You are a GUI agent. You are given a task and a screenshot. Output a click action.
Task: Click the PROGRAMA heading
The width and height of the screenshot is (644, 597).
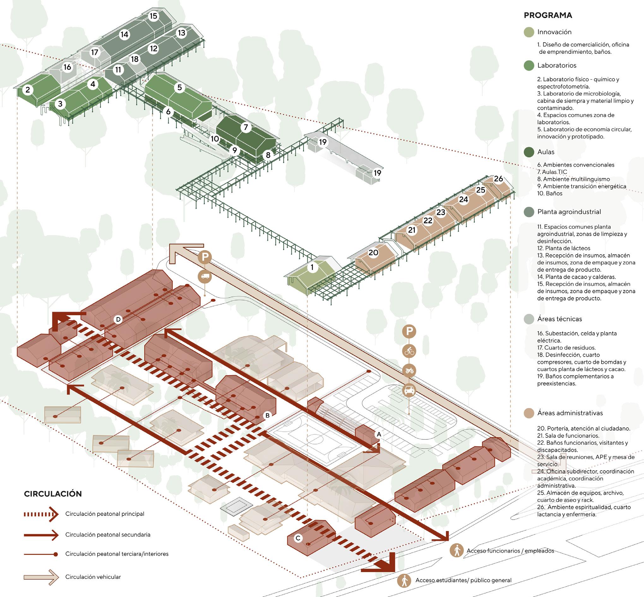(x=548, y=15)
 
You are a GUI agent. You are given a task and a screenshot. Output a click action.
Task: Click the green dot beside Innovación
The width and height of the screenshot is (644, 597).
(x=529, y=32)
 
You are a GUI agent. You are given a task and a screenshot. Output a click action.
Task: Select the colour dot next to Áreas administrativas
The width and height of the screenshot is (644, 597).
(x=529, y=413)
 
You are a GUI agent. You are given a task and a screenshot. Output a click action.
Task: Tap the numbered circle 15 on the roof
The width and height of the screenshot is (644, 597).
(x=153, y=16)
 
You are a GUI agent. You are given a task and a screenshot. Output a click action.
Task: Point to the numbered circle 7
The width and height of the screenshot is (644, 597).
(x=246, y=127)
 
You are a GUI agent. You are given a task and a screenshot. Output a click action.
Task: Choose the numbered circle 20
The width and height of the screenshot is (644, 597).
(x=373, y=253)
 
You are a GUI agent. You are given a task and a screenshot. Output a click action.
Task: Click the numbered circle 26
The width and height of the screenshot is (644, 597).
(x=498, y=179)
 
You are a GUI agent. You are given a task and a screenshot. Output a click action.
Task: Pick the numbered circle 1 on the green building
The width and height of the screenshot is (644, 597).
(x=312, y=267)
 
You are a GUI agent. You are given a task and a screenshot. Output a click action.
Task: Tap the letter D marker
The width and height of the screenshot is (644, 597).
(x=118, y=319)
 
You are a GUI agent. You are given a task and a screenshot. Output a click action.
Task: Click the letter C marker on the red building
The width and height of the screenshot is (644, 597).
(x=298, y=538)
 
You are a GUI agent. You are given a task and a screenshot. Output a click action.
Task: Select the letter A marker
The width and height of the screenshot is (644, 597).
(x=379, y=435)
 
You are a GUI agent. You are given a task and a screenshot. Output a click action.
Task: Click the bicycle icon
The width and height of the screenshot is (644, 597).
(x=409, y=351)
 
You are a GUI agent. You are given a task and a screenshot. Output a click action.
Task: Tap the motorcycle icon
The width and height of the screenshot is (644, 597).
(x=409, y=371)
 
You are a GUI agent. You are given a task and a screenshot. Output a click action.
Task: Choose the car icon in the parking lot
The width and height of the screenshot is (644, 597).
(x=409, y=390)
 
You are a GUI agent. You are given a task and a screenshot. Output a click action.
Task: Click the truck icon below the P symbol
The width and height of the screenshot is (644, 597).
(x=205, y=276)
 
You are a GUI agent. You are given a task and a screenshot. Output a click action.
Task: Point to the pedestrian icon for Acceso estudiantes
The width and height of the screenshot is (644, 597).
(x=404, y=580)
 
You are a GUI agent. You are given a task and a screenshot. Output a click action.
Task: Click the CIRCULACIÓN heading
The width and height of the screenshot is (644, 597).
(x=53, y=494)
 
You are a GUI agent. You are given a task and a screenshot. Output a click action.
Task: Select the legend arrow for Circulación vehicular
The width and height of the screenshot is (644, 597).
(x=41, y=577)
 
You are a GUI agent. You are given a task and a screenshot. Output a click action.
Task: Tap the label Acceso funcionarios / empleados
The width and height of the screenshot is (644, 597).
(x=510, y=551)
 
